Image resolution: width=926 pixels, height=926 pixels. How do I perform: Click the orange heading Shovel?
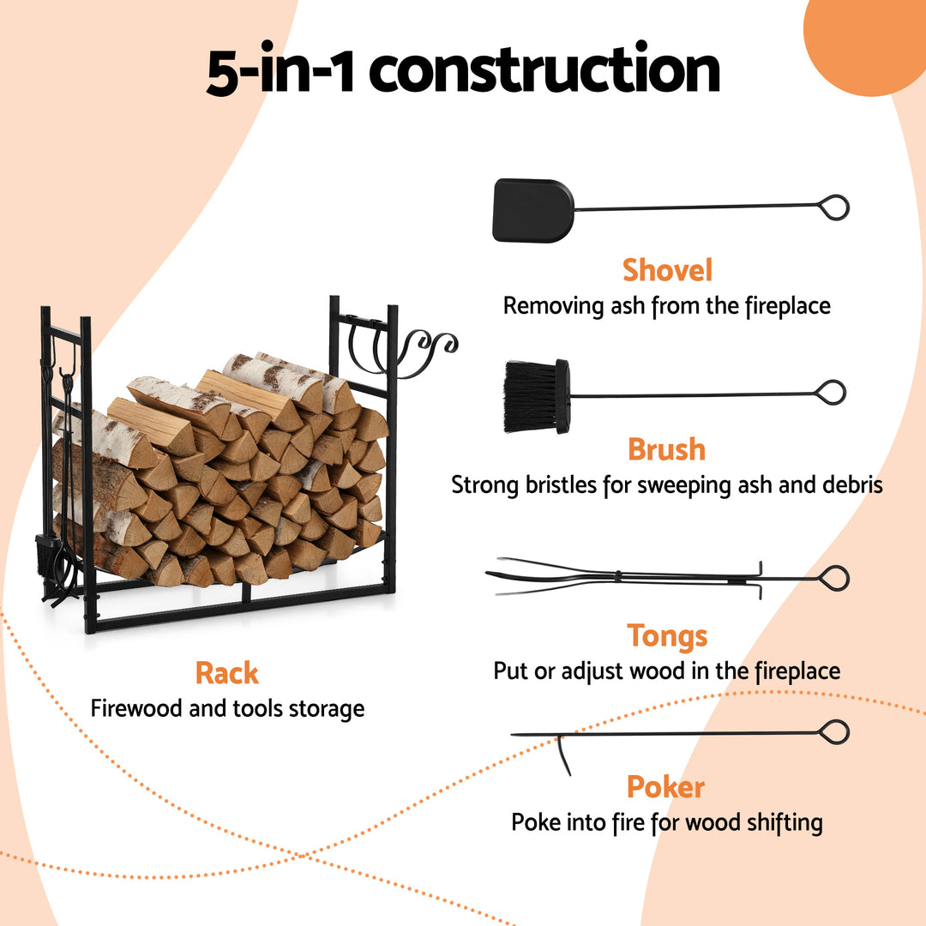tap(667, 270)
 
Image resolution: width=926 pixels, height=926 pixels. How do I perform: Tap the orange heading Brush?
tap(666, 449)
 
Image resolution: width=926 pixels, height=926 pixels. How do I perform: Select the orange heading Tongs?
tap(667, 635)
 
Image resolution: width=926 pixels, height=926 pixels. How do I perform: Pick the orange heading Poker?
tap(666, 787)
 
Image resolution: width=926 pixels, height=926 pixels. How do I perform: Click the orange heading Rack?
tap(226, 673)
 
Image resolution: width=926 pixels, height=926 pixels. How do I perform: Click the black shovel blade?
tap(532, 210)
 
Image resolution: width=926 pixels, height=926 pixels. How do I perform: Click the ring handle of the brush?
tap(831, 393)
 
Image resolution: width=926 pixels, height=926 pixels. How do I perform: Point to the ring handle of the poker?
tap(833, 731)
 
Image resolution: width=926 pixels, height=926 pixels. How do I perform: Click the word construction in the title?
tap(545, 72)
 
